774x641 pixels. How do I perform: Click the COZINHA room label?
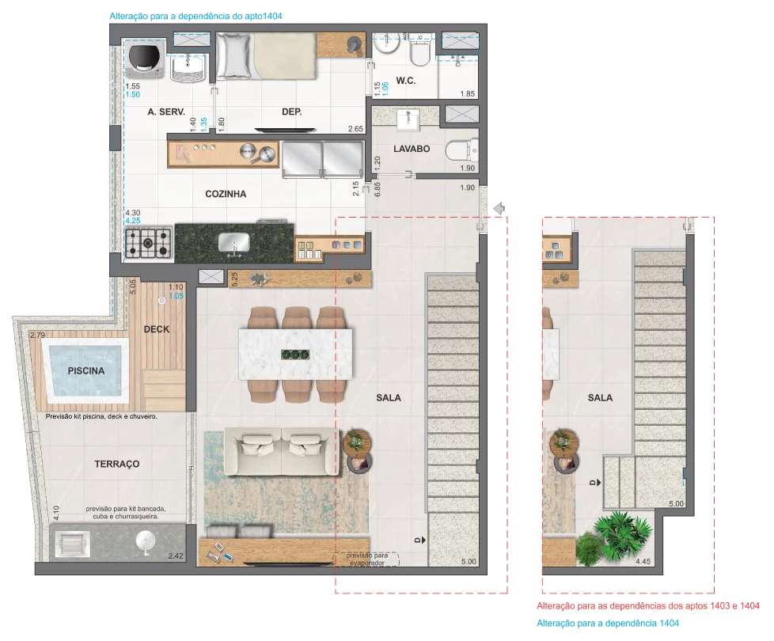[x=226, y=194]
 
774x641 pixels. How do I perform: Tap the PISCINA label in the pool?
[x=86, y=370]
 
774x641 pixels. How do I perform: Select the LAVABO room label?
[x=412, y=149]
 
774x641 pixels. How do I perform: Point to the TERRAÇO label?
[x=117, y=464]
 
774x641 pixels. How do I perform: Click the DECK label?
[x=157, y=329]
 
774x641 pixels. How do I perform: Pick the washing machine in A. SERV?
[x=145, y=59]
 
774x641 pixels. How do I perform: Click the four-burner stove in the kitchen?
[x=148, y=243]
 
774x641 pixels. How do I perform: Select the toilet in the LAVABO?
[x=462, y=150]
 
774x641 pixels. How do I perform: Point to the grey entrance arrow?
[x=499, y=208]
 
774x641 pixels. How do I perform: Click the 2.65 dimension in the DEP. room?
[x=355, y=129]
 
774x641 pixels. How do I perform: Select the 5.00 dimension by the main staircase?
[x=469, y=562]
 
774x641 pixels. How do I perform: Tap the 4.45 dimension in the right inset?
[x=643, y=562]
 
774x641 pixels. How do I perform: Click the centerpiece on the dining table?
[x=295, y=355]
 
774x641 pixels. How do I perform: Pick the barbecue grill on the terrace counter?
[x=72, y=544]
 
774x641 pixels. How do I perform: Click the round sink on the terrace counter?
[x=145, y=541]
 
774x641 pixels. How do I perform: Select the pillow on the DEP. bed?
[x=234, y=55]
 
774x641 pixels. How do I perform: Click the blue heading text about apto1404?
[x=195, y=16]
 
